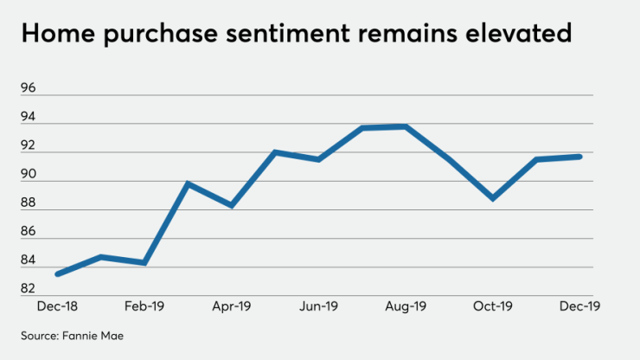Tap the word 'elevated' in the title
(x=519, y=34)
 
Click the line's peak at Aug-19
(x=406, y=126)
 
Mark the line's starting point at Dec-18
(x=57, y=274)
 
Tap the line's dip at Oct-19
(x=493, y=199)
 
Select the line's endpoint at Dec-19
(x=580, y=157)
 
